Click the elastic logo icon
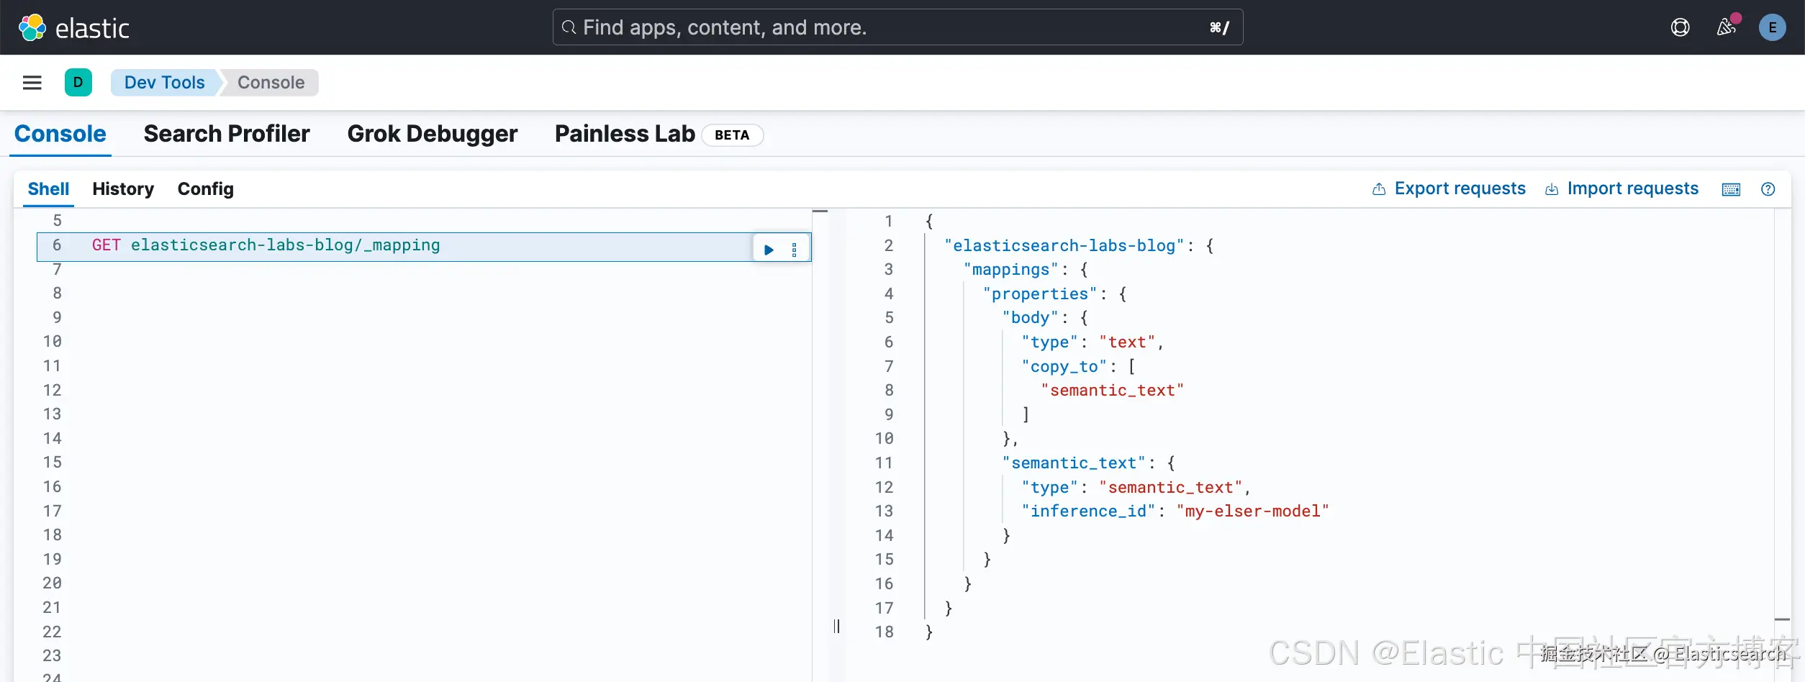(x=32, y=28)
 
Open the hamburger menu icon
(x=32, y=83)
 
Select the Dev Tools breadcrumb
(x=164, y=83)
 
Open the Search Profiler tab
(x=227, y=134)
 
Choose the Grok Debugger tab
(x=432, y=134)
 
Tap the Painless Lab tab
(x=624, y=134)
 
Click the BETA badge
(x=732, y=135)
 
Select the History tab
(x=123, y=189)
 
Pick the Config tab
(x=205, y=189)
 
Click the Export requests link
(x=1459, y=188)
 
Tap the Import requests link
(x=1632, y=188)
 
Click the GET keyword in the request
(x=106, y=245)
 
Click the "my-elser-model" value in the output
(x=1252, y=511)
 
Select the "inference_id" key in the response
(x=1088, y=511)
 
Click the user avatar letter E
(x=1772, y=28)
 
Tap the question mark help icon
(x=1768, y=189)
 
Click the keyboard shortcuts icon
(x=1731, y=189)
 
